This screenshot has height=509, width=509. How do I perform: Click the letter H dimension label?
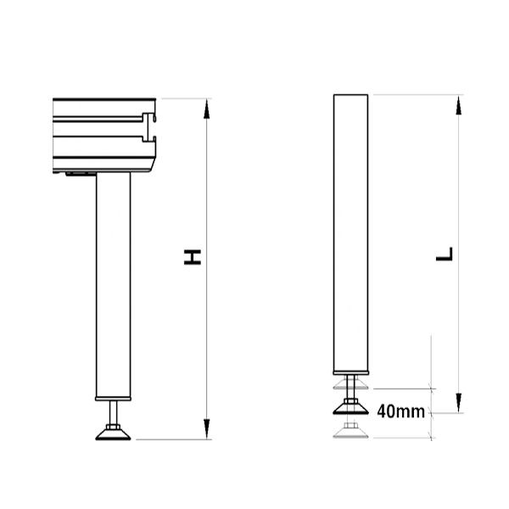point(194,257)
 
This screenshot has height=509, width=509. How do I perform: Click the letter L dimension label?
point(445,253)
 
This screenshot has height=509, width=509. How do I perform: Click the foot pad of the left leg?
point(112,435)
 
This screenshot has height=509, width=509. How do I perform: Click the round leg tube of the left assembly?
point(112,280)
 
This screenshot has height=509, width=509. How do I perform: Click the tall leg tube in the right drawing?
point(351,229)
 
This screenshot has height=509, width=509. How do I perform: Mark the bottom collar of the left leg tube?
point(112,395)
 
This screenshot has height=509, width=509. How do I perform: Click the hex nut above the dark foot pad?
point(351,400)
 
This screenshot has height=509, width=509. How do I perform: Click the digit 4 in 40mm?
point(381,412)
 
